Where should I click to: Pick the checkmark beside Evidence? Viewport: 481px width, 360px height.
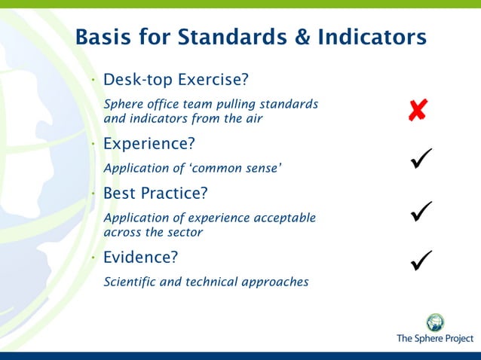click(x=421, y=261)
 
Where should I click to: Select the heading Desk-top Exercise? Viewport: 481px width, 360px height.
click(x=176, y=80)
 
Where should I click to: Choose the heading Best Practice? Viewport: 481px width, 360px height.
click(x=155, y=194)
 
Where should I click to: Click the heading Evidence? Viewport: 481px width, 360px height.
click(x=140, y=258)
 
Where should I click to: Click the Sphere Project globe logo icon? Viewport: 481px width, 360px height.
click(x=435, y=322)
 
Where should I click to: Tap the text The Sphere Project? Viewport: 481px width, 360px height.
click(x=435, y=340)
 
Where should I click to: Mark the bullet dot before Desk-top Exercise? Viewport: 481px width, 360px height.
click(x=92, y=80)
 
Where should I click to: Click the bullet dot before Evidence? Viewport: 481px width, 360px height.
click(x=92, y=258)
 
